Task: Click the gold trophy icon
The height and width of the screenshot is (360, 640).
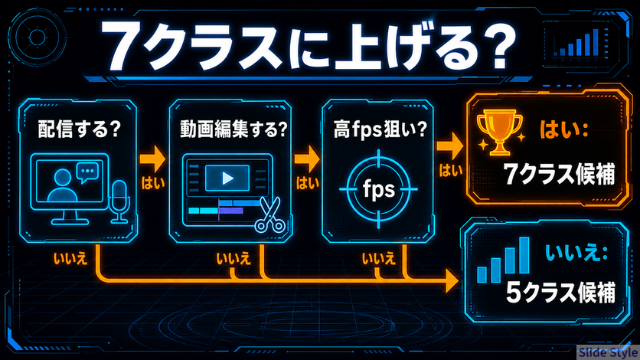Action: click(x=500, y=132)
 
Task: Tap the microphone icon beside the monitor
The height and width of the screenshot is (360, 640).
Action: click(x=119, y=201)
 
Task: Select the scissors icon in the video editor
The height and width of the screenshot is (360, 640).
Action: click(x=269, y=214)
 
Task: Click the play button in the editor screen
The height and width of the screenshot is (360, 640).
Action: click(x=228, y=178)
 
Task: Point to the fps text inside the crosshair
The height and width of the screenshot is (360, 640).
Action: click(x=379, y=189)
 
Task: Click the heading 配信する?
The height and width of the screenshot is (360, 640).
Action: click(x=79, y=129)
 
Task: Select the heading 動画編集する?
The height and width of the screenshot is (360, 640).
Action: click(x=233, y=129)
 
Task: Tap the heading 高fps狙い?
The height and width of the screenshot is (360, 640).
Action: click(x=380, y=129)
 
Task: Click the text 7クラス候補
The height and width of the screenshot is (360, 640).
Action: click(x=559, y=175)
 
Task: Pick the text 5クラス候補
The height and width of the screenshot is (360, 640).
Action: click(x=560, y=292)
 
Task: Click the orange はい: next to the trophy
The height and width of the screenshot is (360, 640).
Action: click(x=564, y=129)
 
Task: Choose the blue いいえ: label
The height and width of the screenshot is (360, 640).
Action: click(x=576, y=252)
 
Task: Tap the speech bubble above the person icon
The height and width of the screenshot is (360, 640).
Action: click(x=87, y=172)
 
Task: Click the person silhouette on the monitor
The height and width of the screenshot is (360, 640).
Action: click(x=63, y=186)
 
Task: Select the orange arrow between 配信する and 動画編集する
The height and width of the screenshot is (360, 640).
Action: click(x=152, y=159)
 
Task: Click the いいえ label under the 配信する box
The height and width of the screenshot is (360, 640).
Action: click(x=70, y=259)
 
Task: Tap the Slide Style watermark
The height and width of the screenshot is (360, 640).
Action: click(x=608, y=352)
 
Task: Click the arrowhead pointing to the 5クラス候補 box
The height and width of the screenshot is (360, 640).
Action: click(x=452, y=280)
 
